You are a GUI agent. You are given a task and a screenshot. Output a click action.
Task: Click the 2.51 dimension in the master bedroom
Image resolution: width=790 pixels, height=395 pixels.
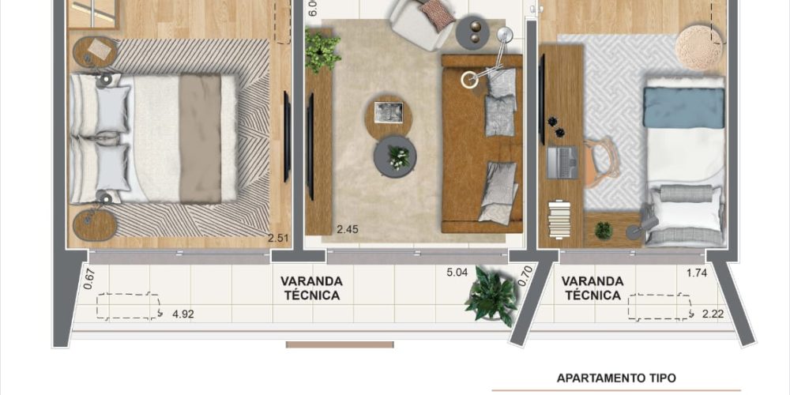coord(279,238)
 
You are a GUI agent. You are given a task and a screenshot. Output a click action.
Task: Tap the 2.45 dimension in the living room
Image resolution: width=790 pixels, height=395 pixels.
coord(347,230)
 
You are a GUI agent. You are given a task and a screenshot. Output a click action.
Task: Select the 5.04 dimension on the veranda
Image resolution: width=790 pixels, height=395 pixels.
coord(457,273)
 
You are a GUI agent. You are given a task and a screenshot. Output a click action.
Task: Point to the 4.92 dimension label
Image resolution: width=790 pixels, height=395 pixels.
coord(183,315)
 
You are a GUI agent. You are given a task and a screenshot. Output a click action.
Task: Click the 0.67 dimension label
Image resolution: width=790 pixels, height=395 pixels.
coord(90,279)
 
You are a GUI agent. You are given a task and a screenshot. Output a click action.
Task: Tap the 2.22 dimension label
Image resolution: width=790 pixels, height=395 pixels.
coord(713,314)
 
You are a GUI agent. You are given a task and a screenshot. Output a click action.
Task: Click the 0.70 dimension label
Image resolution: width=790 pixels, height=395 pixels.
coord(526,276)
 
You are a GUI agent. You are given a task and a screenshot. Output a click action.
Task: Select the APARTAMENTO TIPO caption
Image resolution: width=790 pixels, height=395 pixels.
coord(616,378)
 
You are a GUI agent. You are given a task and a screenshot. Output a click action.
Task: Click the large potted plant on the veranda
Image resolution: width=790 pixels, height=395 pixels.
coord(491,297)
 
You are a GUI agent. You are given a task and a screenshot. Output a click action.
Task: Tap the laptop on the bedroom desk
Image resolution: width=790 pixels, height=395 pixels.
coord(562,162)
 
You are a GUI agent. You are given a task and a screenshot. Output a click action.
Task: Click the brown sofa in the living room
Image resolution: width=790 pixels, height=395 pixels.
coord(482,144)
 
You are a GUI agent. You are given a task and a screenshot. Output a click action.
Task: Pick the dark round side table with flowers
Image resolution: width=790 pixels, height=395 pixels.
coord(395,156)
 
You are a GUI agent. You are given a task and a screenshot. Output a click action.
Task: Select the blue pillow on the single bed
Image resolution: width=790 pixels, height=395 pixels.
coord(683,107)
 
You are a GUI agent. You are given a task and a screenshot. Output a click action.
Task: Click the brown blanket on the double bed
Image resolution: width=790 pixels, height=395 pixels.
coord(200,138)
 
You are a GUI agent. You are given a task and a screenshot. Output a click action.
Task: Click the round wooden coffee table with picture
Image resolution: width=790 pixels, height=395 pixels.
coord(389,117)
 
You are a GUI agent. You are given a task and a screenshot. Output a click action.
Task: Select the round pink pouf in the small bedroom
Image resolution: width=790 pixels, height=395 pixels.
coord(699,48)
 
